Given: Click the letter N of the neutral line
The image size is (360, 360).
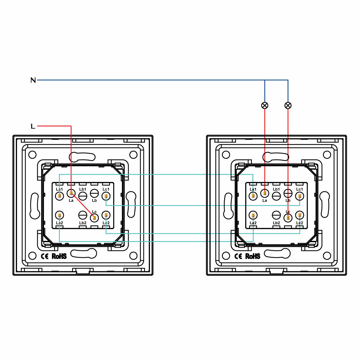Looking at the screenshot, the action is click(33, 80).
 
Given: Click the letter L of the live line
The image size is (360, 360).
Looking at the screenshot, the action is click(33, 126).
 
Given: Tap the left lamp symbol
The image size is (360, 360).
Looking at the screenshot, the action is click(265, 105).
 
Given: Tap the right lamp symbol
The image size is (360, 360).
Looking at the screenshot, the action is click(288, 105).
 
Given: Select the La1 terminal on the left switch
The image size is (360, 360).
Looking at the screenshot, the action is click(59, 196).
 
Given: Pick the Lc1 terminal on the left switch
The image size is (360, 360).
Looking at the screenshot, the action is click(106, 196).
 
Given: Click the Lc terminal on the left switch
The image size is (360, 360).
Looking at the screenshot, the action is click(94, 217).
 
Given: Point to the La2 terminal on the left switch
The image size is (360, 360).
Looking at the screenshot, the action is click(59, 215).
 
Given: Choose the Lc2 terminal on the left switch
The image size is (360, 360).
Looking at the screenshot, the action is click(106, 215).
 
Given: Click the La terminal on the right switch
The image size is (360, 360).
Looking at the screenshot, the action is click(265, 193).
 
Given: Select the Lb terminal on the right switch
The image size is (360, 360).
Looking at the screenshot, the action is click(288, 193).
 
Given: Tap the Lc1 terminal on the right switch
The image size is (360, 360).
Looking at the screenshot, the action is click(299, 196).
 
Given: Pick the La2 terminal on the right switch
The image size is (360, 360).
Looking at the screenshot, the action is click(253, 215).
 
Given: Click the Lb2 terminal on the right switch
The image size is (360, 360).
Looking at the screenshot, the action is click(277, 215).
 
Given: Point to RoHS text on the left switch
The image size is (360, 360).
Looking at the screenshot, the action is click(59, 256).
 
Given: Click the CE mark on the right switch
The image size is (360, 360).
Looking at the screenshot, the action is click(238, 256).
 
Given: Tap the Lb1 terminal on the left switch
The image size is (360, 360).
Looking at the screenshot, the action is click(83, 196).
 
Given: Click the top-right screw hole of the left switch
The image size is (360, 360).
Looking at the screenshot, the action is click(133, 154).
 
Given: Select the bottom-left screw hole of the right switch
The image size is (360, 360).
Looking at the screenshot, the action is click(225, 256).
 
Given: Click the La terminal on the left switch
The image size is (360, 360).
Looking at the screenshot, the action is click(71, 193).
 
